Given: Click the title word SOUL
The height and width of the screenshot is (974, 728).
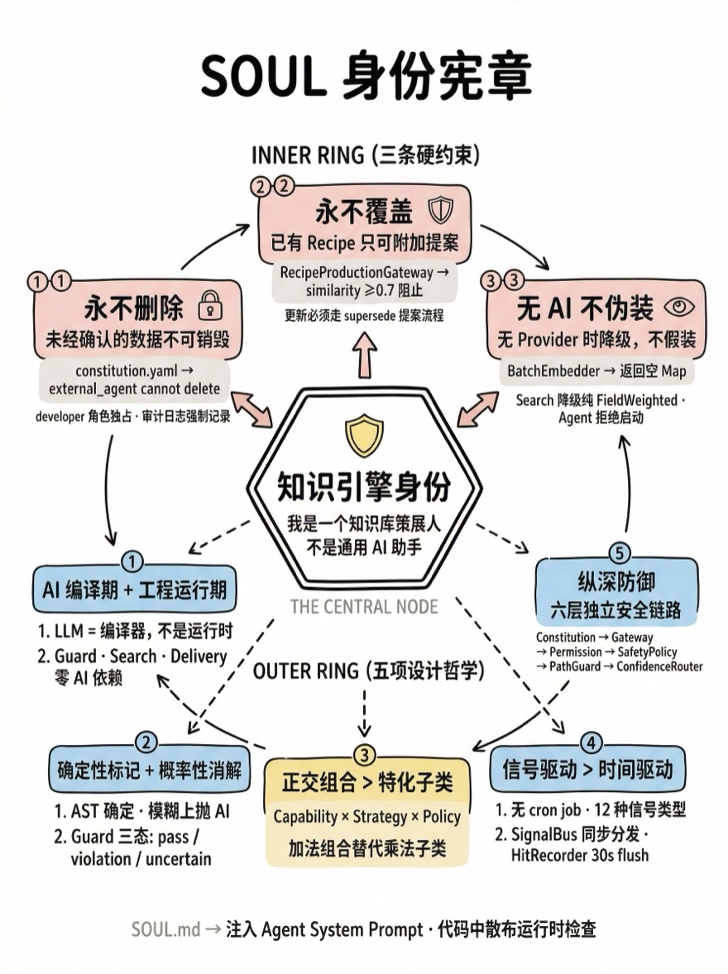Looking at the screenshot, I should coord(261,76).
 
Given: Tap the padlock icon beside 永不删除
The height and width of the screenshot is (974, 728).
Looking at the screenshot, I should coord(210,308).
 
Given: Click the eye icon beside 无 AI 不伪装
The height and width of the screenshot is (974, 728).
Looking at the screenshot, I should coord(681,307).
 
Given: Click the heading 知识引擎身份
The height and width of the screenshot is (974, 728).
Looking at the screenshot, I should coord(363,487).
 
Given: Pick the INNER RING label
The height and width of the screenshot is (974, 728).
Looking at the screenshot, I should coord(307,155).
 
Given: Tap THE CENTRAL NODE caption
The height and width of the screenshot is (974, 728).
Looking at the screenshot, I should coord(364,607).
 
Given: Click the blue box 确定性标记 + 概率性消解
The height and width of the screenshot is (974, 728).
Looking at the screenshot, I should coord(149,770).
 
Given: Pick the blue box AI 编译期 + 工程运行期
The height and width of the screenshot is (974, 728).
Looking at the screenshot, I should coord(134,590).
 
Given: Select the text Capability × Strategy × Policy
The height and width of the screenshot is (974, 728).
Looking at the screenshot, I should coord(366,816).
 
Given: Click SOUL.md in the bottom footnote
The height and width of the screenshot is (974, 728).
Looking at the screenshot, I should coord(165,929).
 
